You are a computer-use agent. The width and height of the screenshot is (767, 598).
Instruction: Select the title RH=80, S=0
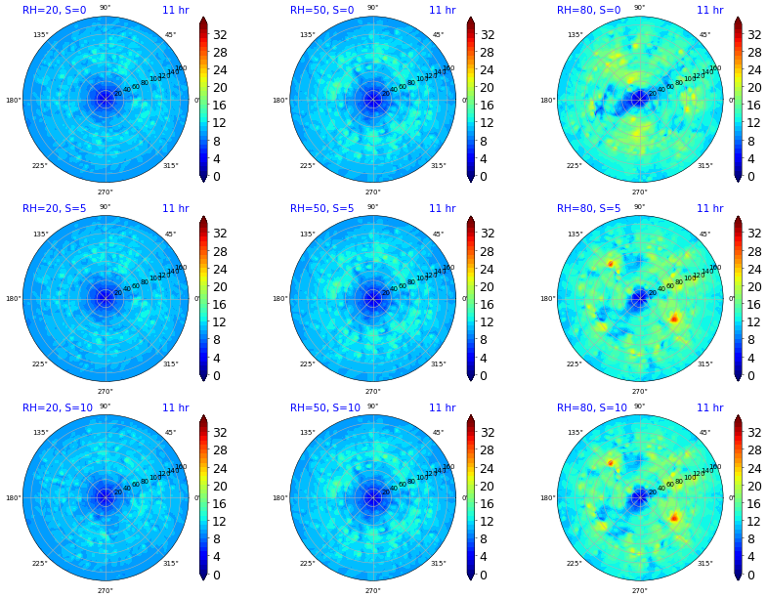click(x=588, y=10)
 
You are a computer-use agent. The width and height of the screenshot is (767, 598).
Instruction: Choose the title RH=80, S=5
click(x=588, y=208)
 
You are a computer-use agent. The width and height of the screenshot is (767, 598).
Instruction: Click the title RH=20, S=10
click(x=57, y=407)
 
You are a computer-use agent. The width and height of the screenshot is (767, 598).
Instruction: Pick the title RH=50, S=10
click(x=324, y=407)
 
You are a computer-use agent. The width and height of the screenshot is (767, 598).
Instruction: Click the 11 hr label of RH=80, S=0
click(x=709, y=10)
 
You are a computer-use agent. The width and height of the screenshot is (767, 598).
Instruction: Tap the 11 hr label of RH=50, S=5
click(x=442, y=208)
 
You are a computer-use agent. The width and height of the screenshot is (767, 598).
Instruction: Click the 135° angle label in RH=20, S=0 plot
click(x=40, y=35)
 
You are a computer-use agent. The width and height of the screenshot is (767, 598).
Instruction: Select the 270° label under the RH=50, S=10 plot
click(x=372, y=590)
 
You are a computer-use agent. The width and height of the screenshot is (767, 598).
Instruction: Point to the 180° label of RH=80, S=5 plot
click(x=547, y=299)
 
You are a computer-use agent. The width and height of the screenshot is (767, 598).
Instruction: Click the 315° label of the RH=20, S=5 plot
click(x=170, y=364)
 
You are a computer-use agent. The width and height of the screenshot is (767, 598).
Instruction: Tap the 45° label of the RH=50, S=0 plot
click(x=438, y=35)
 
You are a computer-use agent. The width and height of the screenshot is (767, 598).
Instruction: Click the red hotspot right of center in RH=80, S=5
click(x=674, y=319)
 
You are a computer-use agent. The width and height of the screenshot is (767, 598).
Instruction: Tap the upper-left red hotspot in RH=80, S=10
click(x=611, y=462)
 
